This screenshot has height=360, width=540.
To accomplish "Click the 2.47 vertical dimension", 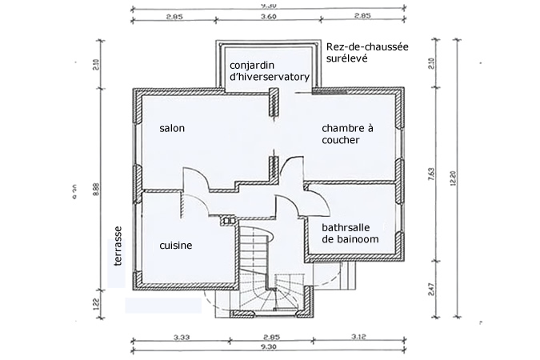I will point(433,288).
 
